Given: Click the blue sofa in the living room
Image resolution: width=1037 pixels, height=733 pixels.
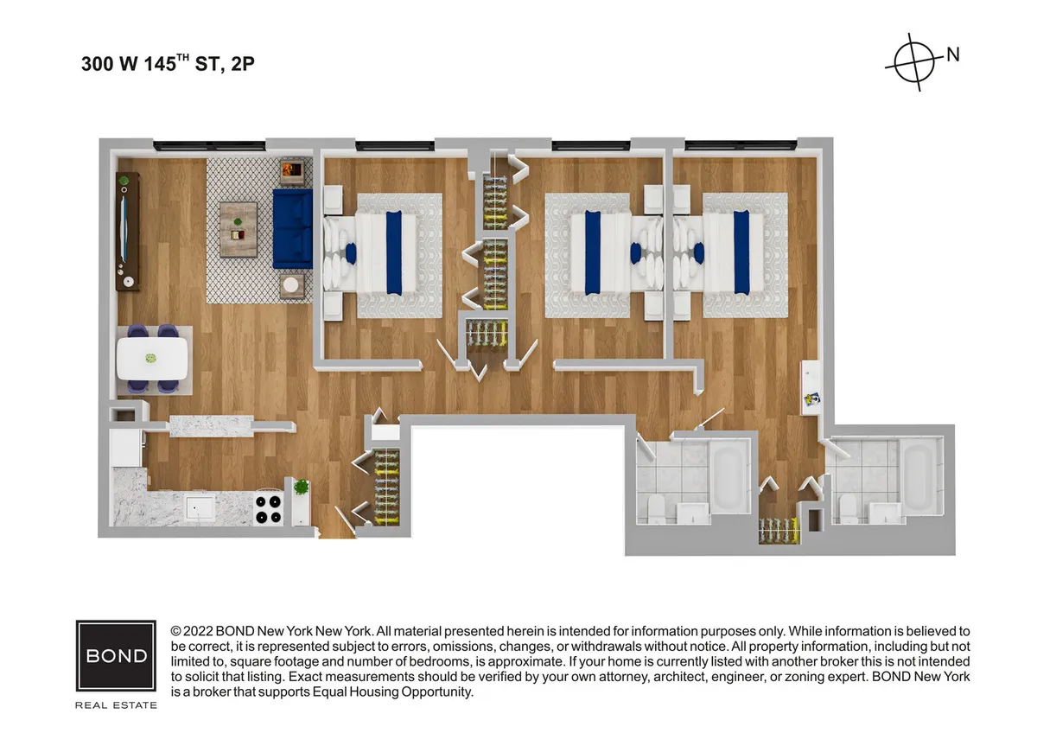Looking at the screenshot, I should [x=292, y=229].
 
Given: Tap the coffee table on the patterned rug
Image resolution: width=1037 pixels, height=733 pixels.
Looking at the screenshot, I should [x=239, y=229].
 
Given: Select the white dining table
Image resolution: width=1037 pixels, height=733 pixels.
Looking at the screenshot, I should [x=152, y=358].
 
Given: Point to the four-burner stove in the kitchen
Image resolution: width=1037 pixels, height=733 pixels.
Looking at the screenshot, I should [x=270, y=509].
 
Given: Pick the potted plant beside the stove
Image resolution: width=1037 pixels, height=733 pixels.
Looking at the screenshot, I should [x=301, y=488].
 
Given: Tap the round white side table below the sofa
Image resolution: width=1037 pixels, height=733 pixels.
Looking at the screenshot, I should [x=292, y=284].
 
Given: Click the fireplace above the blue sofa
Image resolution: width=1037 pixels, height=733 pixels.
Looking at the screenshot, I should [x=292, y=170].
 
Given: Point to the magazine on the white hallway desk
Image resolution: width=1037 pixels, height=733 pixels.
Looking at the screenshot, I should [x=812, y=399].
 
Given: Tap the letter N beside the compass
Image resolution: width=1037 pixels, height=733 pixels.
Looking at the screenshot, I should [x=952, y=54].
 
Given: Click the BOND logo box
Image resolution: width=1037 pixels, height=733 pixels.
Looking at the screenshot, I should [x=116, y=655].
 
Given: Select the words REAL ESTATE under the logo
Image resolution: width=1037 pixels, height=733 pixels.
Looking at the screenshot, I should [x=116, y=705].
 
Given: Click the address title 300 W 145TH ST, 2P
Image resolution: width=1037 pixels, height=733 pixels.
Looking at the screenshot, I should [x=168, y=64].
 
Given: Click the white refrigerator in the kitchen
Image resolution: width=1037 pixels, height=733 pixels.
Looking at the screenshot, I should [x=125, y=449].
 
